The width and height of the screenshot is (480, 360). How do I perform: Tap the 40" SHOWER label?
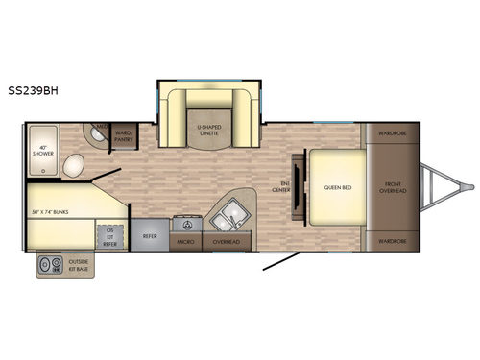43,152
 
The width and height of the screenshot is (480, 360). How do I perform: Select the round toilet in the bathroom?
74,169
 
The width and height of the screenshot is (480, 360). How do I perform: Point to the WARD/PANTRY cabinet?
124,135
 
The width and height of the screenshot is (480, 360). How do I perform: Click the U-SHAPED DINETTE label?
210,131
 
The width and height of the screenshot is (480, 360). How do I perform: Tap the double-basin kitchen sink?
228,217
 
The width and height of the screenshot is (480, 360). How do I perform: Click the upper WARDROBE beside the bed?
390,132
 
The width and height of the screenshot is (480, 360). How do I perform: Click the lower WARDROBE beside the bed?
390,241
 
